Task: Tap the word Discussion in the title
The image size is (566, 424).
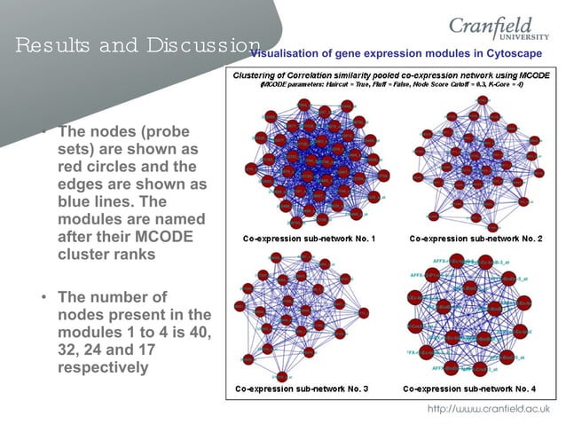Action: pos(204,44)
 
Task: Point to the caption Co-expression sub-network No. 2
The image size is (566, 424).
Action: pos(476,239)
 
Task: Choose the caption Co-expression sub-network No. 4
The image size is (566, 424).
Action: pos(469,389)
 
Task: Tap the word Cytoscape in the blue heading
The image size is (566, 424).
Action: pos(513,53)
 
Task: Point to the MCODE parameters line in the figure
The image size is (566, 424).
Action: pos(390,85)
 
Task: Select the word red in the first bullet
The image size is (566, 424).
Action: pos(72,167)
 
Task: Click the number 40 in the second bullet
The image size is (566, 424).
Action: pos(200,332)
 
